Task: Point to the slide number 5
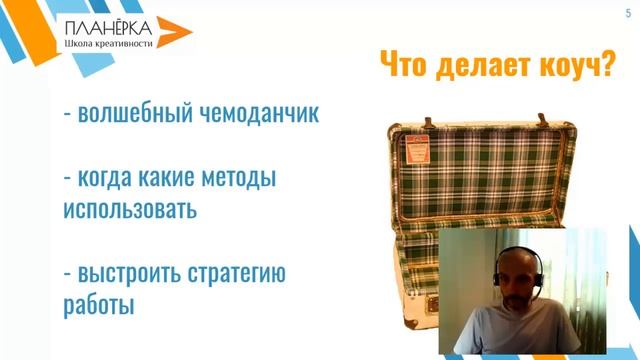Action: [627, 10]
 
